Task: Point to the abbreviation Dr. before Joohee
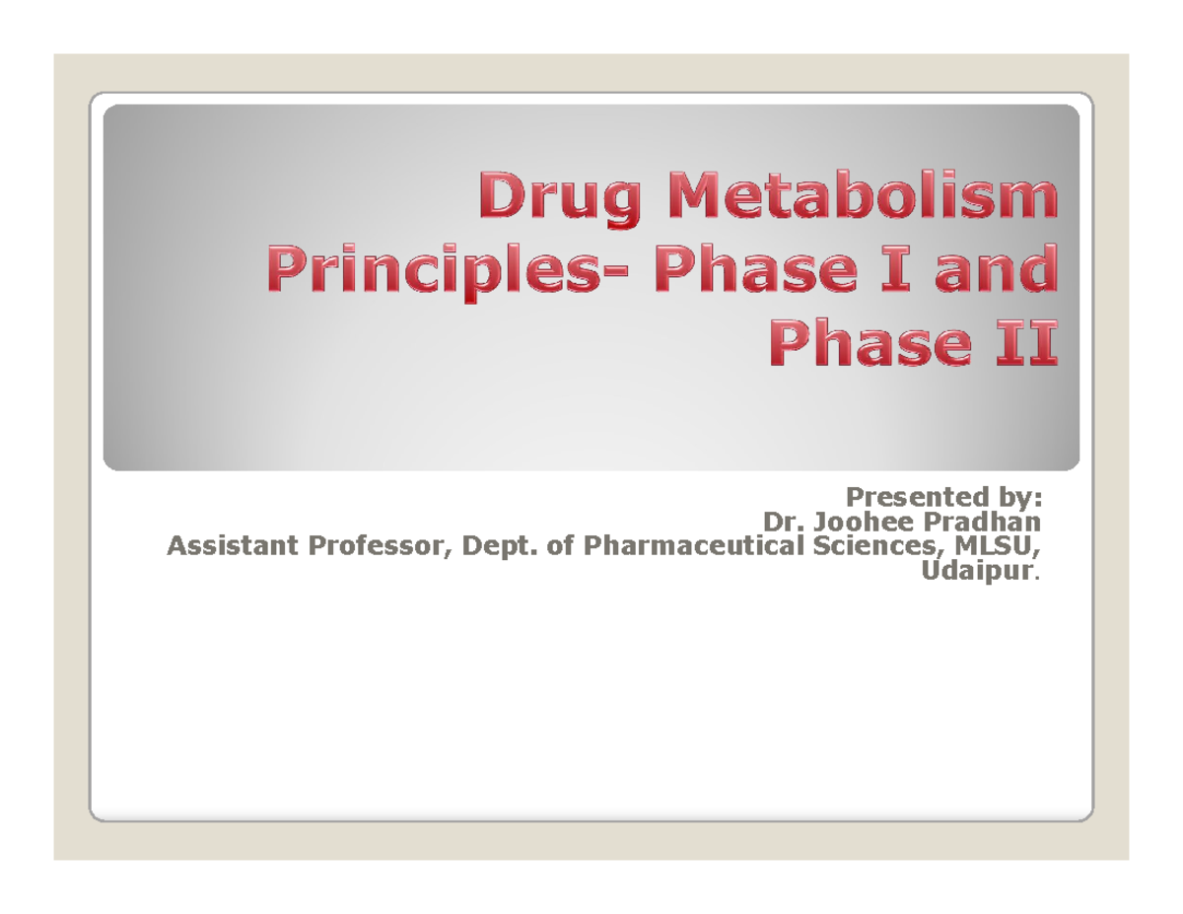click(780, 520)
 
